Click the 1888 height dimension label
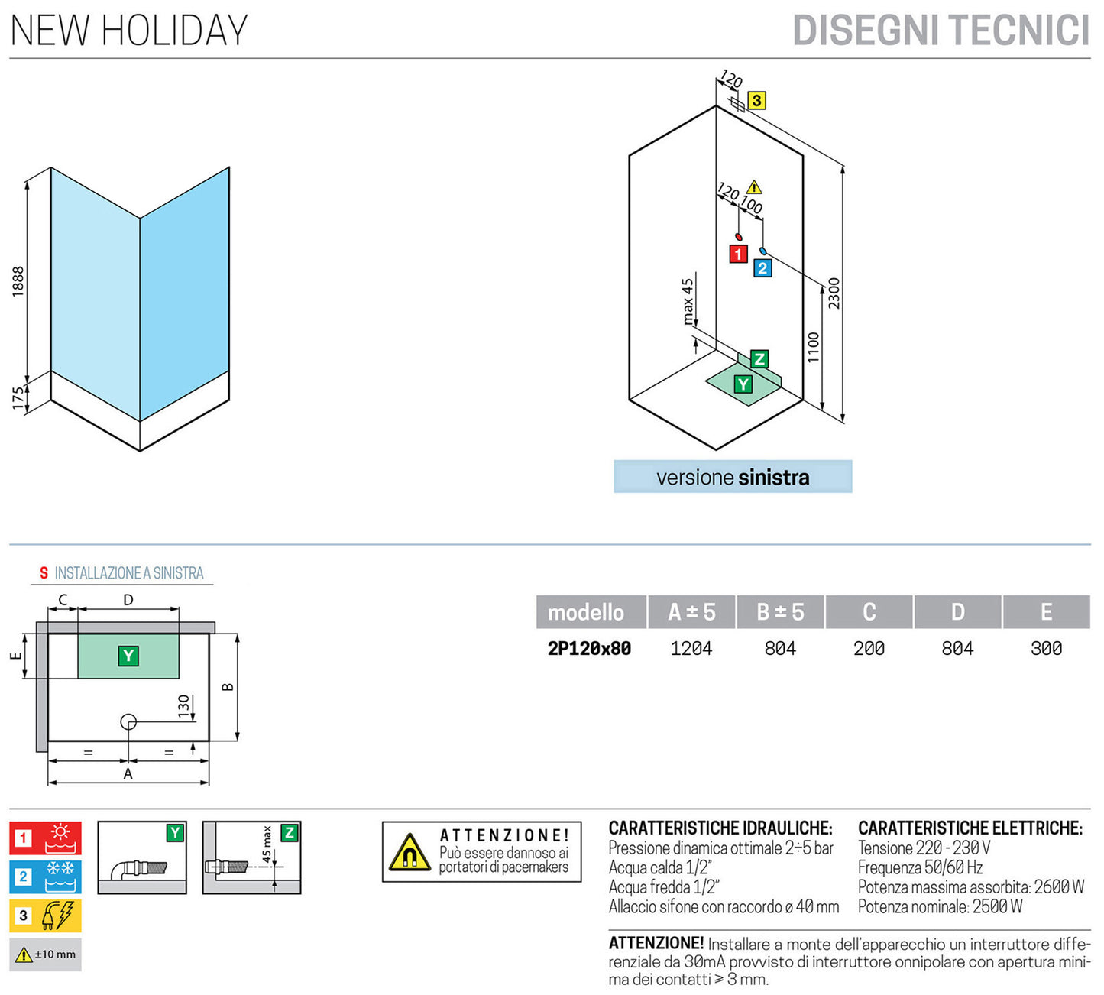click(x=18, y=281)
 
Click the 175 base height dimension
click(x=18, y=398)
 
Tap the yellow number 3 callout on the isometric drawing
click(x=756, y=100)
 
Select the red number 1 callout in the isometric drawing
click(x=738, y=254)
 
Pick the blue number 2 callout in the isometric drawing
click(x=762, y=268)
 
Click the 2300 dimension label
click(x=834, y=293)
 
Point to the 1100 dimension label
click(x=813, y=347)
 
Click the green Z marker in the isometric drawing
click(x=759, y=358)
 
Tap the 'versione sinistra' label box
click(x=733, y=477)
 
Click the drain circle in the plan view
click(x=128, y=721)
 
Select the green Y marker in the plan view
click(x=128, y=656)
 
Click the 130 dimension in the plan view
click(x=183, y=705)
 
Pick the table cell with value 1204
click(x=691, y=649)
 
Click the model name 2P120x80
click(x=589, y=649)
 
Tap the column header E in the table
click(x=1046, y=612)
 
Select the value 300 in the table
click(x=1046, y=649)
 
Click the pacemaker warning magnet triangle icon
click(x=410, y=853)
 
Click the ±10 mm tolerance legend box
click(x=45, y=954)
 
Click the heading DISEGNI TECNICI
click(x=941, y=31)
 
